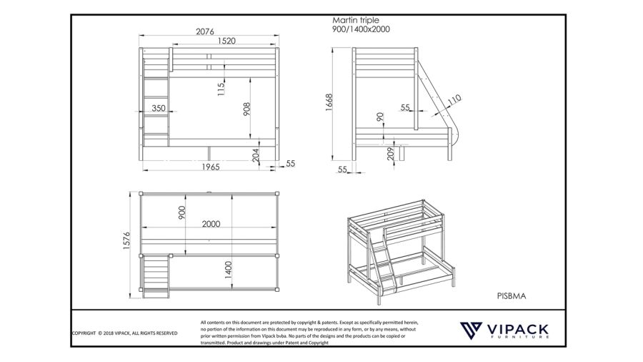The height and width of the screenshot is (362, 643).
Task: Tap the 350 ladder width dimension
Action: point(159,109)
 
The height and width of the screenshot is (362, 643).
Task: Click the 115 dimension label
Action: point(221,88)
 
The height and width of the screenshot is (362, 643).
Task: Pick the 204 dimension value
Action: point(256,155)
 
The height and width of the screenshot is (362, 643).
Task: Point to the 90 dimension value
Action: point(380,117)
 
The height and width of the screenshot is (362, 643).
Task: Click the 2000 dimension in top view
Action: point(211,224)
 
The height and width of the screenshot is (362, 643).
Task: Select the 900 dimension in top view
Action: point(182,212)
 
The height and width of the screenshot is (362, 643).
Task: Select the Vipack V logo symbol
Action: point(471,330)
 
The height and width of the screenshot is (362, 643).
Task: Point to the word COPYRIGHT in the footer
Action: point(84,333)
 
